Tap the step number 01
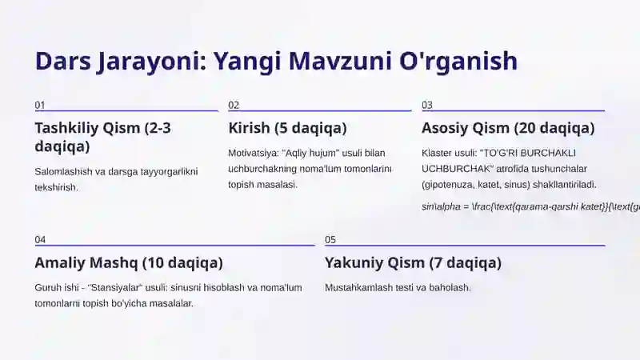coord(40,106)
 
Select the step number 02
coord(234,106)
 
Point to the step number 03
coord(427,106)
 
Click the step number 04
coord(40,240)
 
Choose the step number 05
coord(330,240)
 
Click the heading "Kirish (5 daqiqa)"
coord(287,128)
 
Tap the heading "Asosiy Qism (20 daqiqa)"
coord(508,128)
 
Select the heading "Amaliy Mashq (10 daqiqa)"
coord(129,262)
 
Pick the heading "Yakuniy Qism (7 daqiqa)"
coord(413,262)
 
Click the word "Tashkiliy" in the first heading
coord(66,128)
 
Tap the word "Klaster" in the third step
coord(438,153)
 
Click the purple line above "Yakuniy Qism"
coord(464,246)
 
